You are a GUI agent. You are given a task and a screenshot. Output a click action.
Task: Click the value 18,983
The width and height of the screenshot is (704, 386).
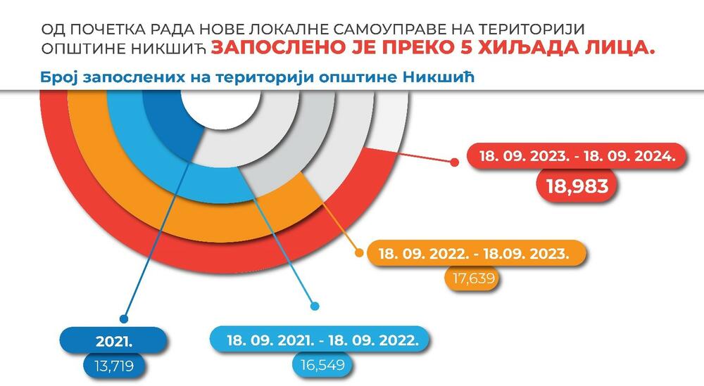(x=577, y=186)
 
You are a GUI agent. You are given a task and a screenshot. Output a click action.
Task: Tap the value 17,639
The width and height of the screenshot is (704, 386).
(x=473, y=278)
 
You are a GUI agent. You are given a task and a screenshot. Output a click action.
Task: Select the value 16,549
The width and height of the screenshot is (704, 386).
(x=322, y=364)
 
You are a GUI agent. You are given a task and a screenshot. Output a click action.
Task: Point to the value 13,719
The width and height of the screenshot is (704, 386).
(x=114, y=366)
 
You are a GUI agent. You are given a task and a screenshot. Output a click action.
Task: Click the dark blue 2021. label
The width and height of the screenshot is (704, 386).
(x=114, y=342)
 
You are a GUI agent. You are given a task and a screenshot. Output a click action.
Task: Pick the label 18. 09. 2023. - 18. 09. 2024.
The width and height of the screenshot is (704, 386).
(x=577, y=157)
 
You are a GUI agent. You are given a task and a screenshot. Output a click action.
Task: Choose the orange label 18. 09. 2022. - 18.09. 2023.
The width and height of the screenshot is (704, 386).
(x=474, y=253)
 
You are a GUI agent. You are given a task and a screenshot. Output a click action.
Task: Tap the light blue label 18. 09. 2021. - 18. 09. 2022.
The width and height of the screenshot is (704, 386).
(x=322, y=340)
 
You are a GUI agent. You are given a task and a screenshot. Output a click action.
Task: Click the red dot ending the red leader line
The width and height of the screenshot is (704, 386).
(x=454, y=162)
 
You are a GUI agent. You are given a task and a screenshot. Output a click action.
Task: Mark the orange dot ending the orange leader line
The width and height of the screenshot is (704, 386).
(x=359, y=253)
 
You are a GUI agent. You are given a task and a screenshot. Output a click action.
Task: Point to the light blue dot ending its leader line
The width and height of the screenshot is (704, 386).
(x=315, y=307)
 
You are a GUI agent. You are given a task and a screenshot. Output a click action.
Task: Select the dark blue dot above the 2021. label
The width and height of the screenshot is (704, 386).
(x=124, y=319)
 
